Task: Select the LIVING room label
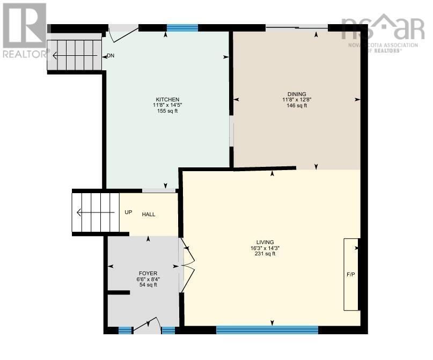(x=265, y=241)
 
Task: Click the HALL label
(x=149, y=215)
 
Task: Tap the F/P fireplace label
(x=351, y=275)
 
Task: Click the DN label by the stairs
(x=111, y=56)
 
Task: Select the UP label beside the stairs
(x=128, y=212)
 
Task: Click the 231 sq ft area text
(x=265, y=254)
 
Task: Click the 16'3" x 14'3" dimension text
(x=265, y=248)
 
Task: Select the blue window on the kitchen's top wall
(x=182, y=28)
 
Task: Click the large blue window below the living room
(x=267, y=330)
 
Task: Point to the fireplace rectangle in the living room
(x=351, y=274)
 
